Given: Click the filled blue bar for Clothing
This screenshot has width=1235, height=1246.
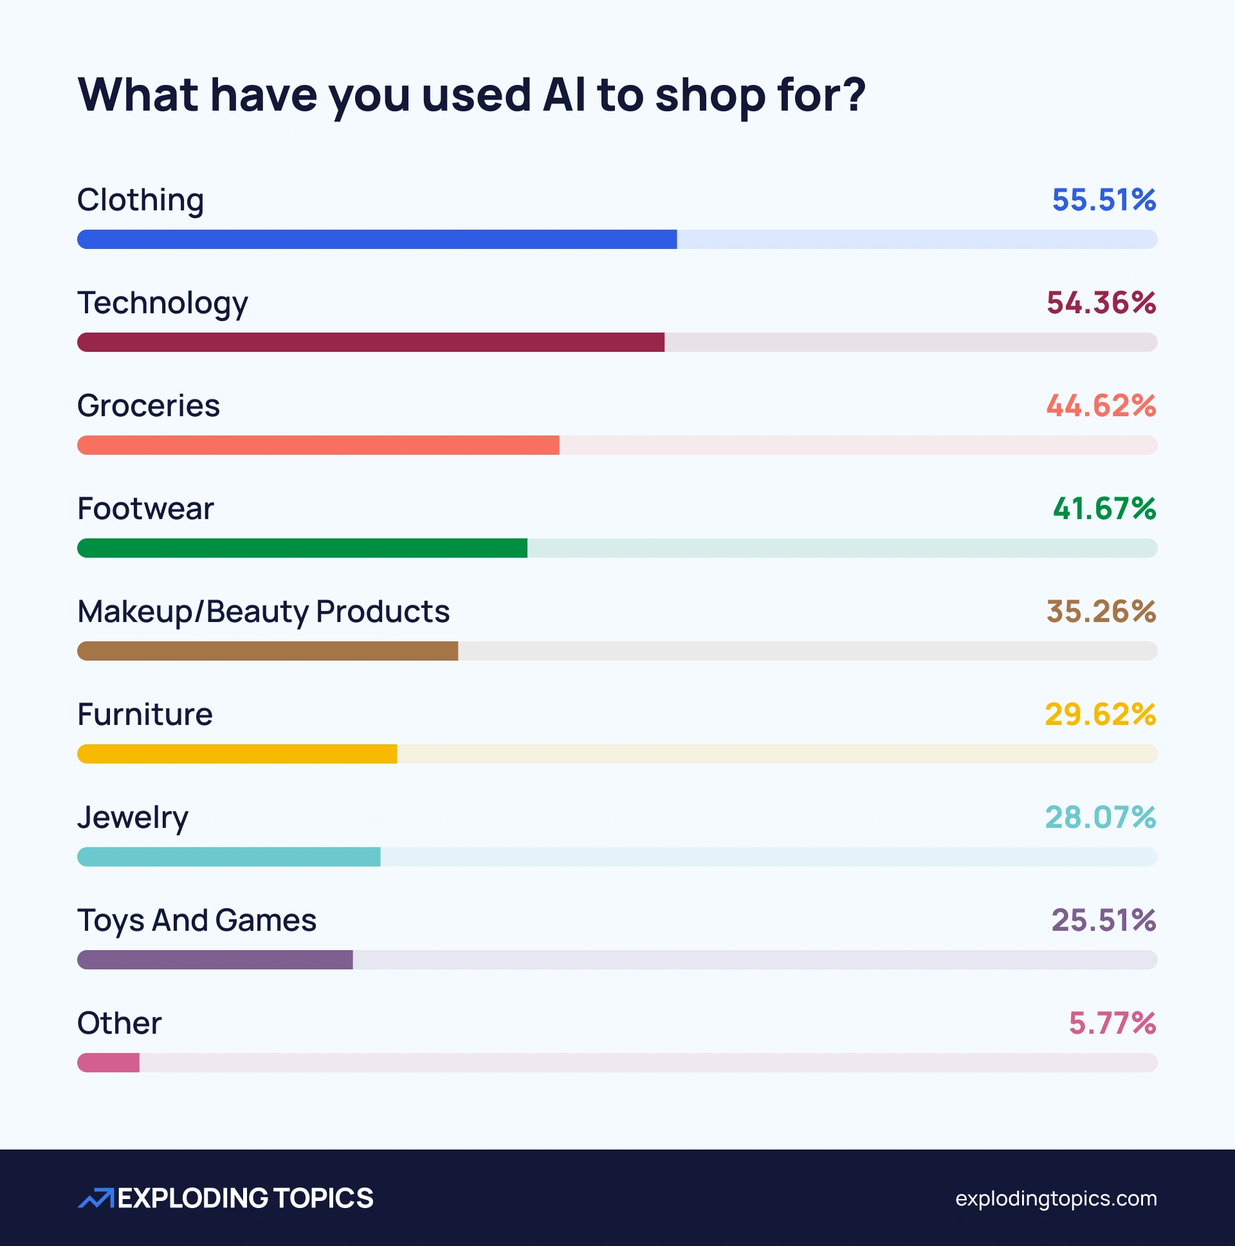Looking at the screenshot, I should (x=377, y=239).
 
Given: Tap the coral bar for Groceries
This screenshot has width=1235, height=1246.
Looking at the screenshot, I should (x=318, y=445).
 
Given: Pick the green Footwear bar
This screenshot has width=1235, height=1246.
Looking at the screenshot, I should (x=302, y=548).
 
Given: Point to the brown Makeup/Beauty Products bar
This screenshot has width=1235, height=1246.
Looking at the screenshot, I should (x=267, y=651).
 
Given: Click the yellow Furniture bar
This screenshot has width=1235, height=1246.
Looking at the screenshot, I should (x=237, y=754).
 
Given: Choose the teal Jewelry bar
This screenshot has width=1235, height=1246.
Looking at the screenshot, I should (x=228, y=856).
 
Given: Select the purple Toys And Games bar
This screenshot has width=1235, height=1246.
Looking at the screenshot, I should (x=215, y=960).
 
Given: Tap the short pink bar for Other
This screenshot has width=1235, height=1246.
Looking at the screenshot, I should (x=108, y=1063).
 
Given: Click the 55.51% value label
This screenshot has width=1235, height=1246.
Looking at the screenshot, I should (x=1103, y=200).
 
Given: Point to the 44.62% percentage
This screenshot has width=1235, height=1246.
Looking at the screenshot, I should (x=1100, y=406).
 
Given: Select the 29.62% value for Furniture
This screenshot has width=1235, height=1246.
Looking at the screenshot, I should (x=1099, y=715).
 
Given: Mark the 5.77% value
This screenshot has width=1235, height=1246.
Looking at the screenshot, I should (x=1112, y=1023).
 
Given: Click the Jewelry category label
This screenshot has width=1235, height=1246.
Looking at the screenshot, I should (x=133, y=818).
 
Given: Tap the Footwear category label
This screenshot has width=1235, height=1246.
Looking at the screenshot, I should (x=145, y=509).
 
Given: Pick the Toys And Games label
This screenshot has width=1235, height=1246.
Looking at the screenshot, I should (x=197, y=921).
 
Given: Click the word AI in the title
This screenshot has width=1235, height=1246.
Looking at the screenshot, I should (x=563, y=95).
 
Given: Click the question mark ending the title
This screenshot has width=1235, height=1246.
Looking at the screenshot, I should (x=853, y=95).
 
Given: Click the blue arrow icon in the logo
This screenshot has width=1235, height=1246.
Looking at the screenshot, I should (x=95, y=1198).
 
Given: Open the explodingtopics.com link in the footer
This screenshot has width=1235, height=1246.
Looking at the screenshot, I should (x=1056, y=1198).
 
